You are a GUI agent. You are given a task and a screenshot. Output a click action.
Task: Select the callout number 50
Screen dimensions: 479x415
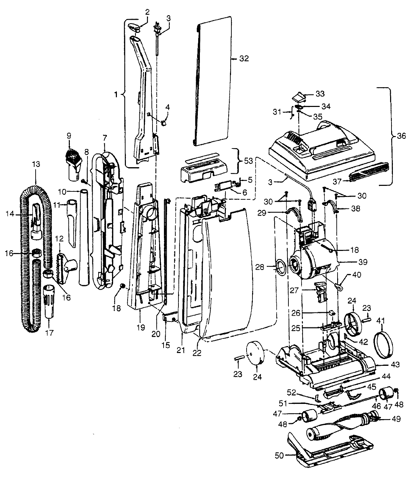pos(279,455)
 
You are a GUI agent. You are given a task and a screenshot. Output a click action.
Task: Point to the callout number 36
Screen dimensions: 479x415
pos(402,136)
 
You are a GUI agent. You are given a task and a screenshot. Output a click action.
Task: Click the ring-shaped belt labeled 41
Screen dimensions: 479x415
pos(384,345)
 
